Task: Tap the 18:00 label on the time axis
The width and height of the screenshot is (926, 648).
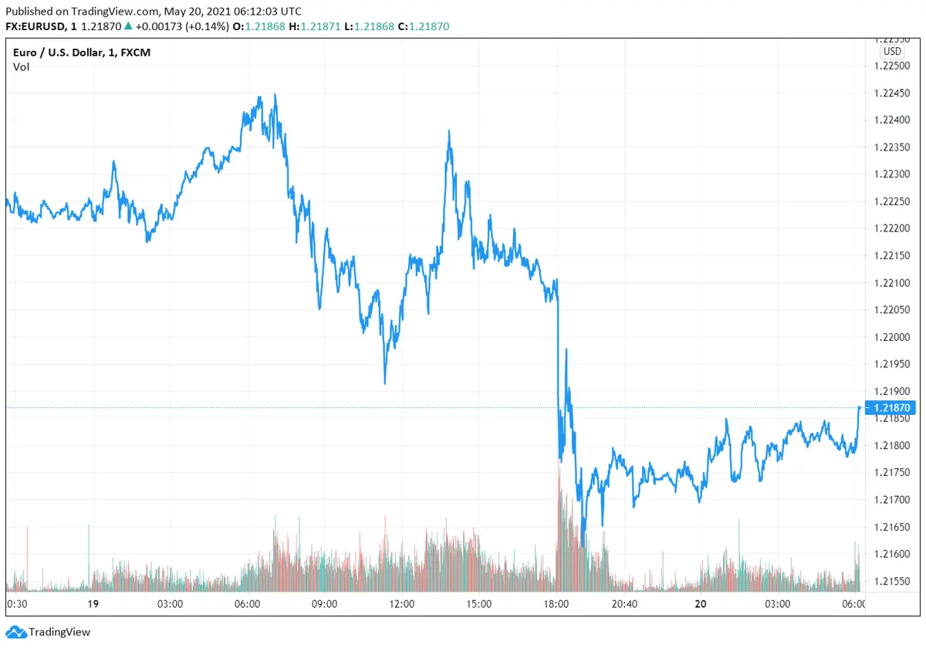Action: click(x=556, y=604)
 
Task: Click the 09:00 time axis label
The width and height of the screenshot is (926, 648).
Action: click(x=324, y=604)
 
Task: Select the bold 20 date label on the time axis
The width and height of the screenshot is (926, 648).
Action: click(x=700, y=604)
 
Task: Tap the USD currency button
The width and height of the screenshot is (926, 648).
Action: click(x=892, y=51)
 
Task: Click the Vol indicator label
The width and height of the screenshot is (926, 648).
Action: click(x=21, y=67)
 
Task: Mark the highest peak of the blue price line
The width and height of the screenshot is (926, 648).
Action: click(x=275, y=95)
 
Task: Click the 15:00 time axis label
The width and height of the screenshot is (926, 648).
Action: click(x=479, y=604)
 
